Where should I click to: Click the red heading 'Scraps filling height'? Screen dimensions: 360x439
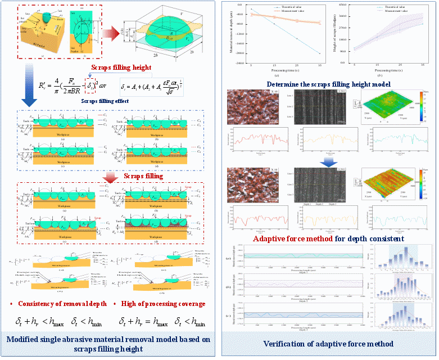click(x=121, y=67)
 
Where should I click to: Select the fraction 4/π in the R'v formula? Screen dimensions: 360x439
click(x=58, y=86)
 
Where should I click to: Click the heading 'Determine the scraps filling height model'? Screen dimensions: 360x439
click(x=329, y=84)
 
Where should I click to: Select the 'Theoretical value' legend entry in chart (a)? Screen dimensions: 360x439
click(x=286, y=6)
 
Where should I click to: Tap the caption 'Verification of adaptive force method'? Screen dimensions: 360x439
click(x=328, y=344)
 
